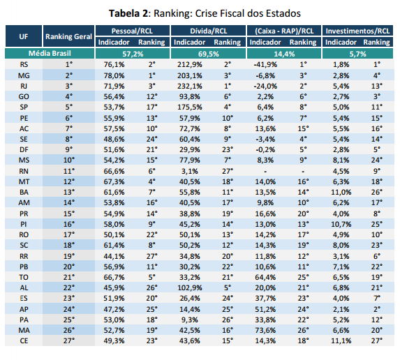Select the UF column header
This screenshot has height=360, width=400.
pyautogui.click(x=24, y=36)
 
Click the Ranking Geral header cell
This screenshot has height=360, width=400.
pyautogui.click(x=68, y=36)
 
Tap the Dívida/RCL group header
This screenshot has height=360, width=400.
pyautogui.click(x=209, y=31)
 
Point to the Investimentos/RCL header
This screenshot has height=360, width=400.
pyautogui.click(x=357, y=31)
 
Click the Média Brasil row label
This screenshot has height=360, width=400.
pyautogui.click(x=50, y=53)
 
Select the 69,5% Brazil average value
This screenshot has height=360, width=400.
pyautogui.click(x=209, y=54)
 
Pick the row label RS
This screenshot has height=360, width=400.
pyautogui.click(x=24, y=64)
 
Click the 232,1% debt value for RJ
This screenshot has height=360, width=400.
pyautogui.click(x=190, y=87)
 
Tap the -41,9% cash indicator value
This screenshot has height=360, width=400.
pyautogui.click(x=265, y=64)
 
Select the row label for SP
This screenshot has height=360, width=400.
pyautogui.click(x=24, y=107)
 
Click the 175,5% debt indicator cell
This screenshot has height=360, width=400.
pyautogui.click(x=190, y=107)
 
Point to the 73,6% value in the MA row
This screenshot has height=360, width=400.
pyautogui.click(x=265, y=330)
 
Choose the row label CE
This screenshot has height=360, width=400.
pyautogui.click(x=24, y=340)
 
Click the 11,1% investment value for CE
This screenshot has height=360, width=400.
pyautogui.click(x=341, y=340)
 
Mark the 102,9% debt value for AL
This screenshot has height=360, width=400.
pyautogui.click(x=190, y=288)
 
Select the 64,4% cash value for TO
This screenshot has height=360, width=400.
pyautogui.click(x=265, y=277)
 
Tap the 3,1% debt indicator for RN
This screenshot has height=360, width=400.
pyautogui.click(x=190, y=171)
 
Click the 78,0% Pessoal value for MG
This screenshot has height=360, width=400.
pyautogui.click(x=114, y=76)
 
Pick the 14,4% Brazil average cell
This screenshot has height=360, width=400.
pyautogui.click(x=284, y=54)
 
